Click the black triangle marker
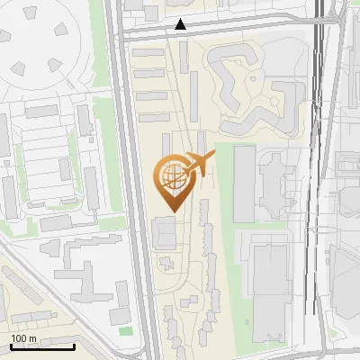(x=181, y=25)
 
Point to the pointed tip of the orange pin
(x=171, y=211)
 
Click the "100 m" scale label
(x=24, y=338)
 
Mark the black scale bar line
(x=42, y=346)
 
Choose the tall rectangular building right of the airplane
(x=244, y=184)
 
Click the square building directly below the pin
(x=166, y=232)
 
